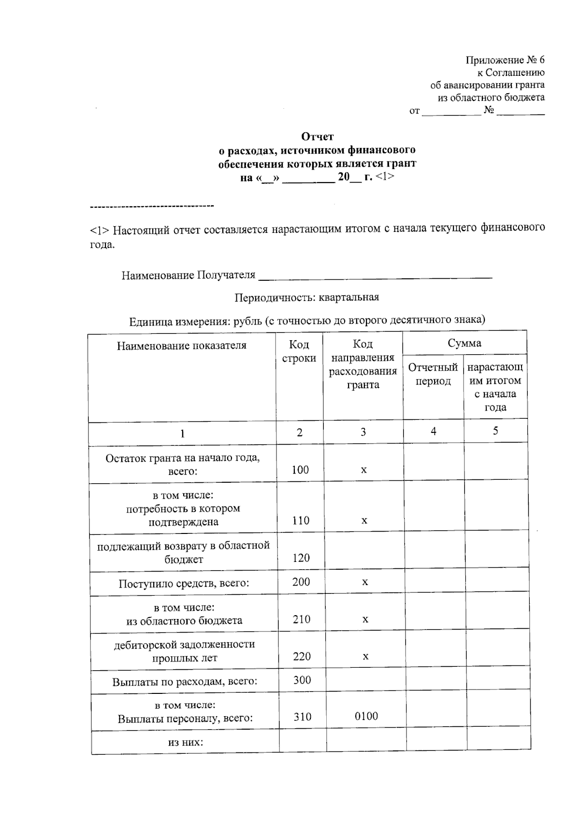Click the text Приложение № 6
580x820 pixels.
tap(505, 60)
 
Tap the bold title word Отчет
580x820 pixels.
tap(318, 137)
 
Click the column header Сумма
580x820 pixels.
tap(464, 344)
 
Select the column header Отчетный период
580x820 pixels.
tap(433, 374)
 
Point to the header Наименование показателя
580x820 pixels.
tap(182, 345)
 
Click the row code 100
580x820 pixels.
tap(300, 470)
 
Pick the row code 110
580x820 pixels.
tap(301, 520)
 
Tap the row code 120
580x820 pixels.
tap(301, 558)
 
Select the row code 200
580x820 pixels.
tap(301, 582)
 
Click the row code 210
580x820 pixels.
tap(302, 619)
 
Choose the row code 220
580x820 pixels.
tap(302, 657)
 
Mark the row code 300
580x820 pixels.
tap(302, 680)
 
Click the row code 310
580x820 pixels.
tap(303, 717)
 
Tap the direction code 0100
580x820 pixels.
tap(366, 717)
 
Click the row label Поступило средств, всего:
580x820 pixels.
tap(184, 584)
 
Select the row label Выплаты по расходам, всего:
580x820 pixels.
tap(185, 682)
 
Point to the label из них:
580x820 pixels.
tap(186, 742)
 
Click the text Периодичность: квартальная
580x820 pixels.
tap(307, 298)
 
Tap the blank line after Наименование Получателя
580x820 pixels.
tap(376, 276)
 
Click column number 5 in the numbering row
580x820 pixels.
tap(495, 431)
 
